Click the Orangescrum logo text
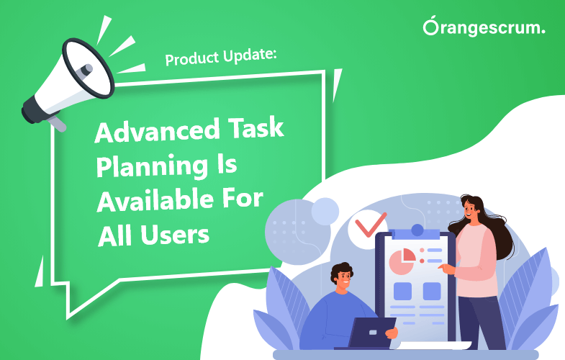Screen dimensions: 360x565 pos(484,28)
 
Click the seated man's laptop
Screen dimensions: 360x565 pos(371,333)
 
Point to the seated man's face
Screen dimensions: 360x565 pos(343,276)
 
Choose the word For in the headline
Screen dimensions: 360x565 pos(241,199)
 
